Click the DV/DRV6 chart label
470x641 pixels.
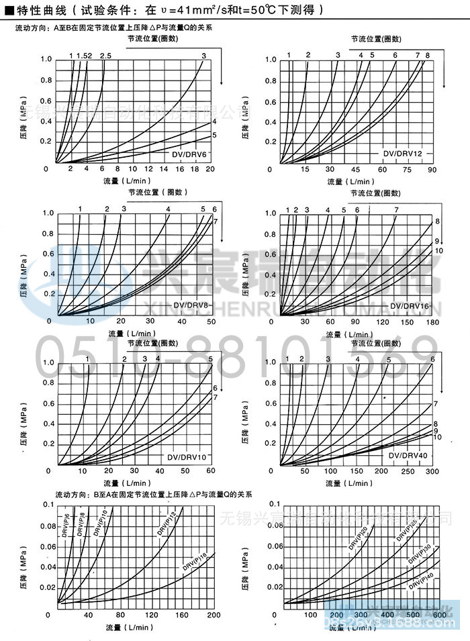tap(190, 155)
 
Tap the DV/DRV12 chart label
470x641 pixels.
tap(403, 154)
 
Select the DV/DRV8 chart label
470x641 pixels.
tap(191, 306)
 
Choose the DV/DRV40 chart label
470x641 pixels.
tap(408, 456)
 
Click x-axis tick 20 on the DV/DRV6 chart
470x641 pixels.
tap(209, 169)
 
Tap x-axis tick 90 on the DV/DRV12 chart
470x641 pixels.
tap(432, 170)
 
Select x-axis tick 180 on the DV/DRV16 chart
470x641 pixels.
tap(432, 323)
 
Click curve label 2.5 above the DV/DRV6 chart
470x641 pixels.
tap(105, 55)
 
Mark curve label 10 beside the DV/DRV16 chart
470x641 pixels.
tap(439, 250)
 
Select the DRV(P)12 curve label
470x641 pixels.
tap(168, 524)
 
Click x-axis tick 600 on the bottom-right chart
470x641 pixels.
tap(439, 615)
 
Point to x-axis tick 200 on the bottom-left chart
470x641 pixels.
tap(214, 615)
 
